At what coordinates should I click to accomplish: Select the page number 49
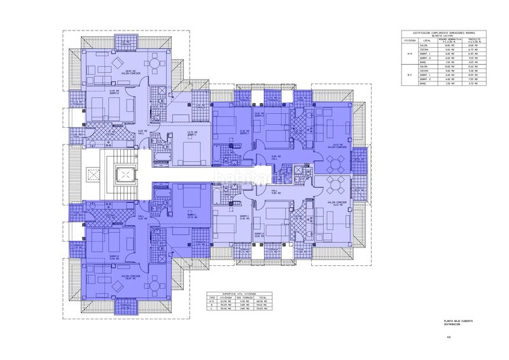click(x=449, y=337)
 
